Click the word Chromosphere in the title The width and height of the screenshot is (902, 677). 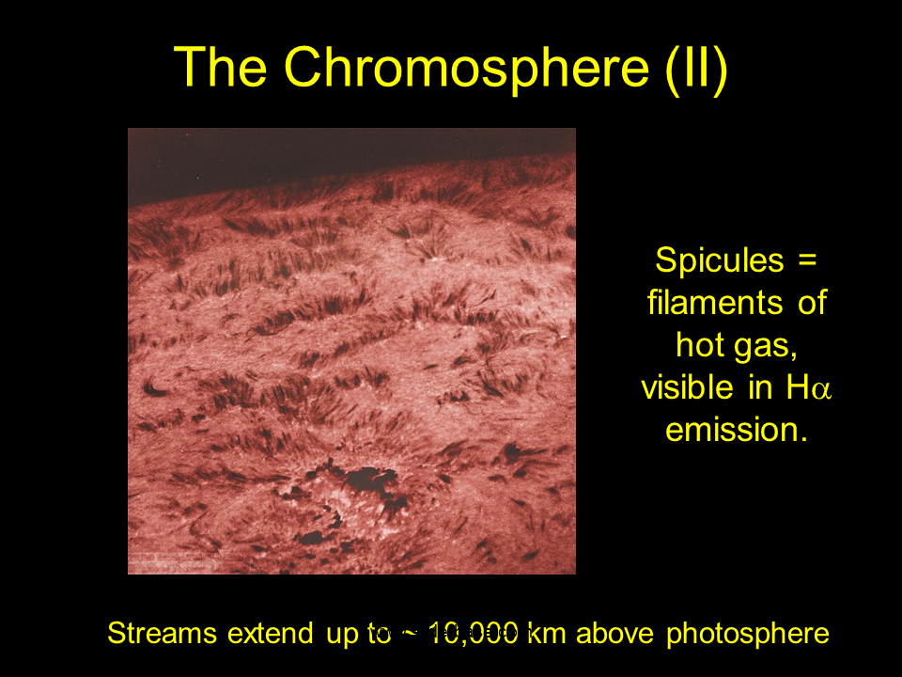pos(467,68)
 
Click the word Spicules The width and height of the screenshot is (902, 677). pos(719,260)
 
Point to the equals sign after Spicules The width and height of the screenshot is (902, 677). pos(807,260)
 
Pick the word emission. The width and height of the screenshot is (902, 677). pos(737,430)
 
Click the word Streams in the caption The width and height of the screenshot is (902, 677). pos(162,633)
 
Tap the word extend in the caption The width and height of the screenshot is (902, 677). pos(271,633)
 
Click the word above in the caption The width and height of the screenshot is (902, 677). pos(614,633)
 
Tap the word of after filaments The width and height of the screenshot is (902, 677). pos(812,302)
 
